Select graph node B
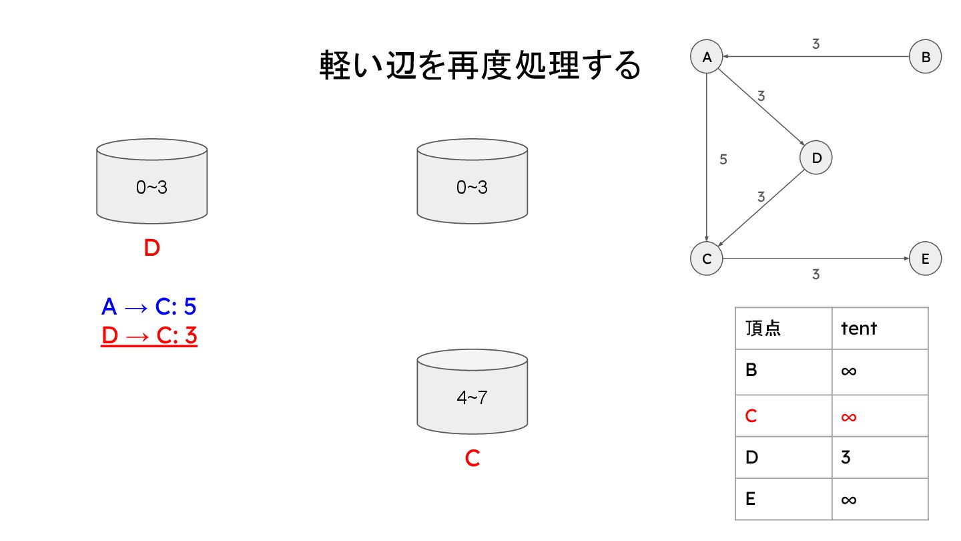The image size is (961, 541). coord(925,57)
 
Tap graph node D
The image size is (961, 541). coord(816,158)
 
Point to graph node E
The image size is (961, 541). coord(925,259)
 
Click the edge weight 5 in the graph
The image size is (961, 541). coord(723,160)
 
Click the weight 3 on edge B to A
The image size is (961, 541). coord(816,44)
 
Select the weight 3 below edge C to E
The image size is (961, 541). coord(816,274)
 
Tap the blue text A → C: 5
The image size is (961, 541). coord(149,307)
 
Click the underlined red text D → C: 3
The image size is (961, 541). coord(149,335)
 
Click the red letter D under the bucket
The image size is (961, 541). coord(152,248)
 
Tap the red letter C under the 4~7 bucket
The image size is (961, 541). coord(472,459)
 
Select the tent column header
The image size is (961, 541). coord(859,328)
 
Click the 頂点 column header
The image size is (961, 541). coord(763,328)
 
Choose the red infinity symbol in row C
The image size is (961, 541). coord(848,416)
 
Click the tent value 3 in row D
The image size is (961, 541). coord(846,458)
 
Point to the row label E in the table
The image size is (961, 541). coord(751,499)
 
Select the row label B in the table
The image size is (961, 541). coord(751,369)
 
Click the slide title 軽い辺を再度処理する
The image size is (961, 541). coord(480,66)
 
